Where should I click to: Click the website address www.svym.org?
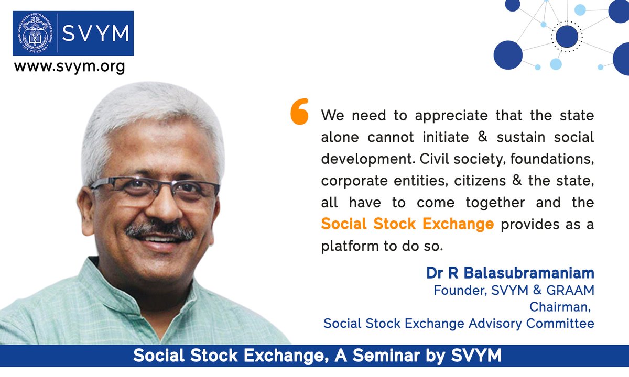tap(69, 66)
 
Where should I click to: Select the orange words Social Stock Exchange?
tap(407, 224)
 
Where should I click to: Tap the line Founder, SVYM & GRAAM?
tap(514, 290)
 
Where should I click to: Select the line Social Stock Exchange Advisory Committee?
tap(459, 323)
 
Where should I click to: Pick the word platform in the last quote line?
tap(344, 246)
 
